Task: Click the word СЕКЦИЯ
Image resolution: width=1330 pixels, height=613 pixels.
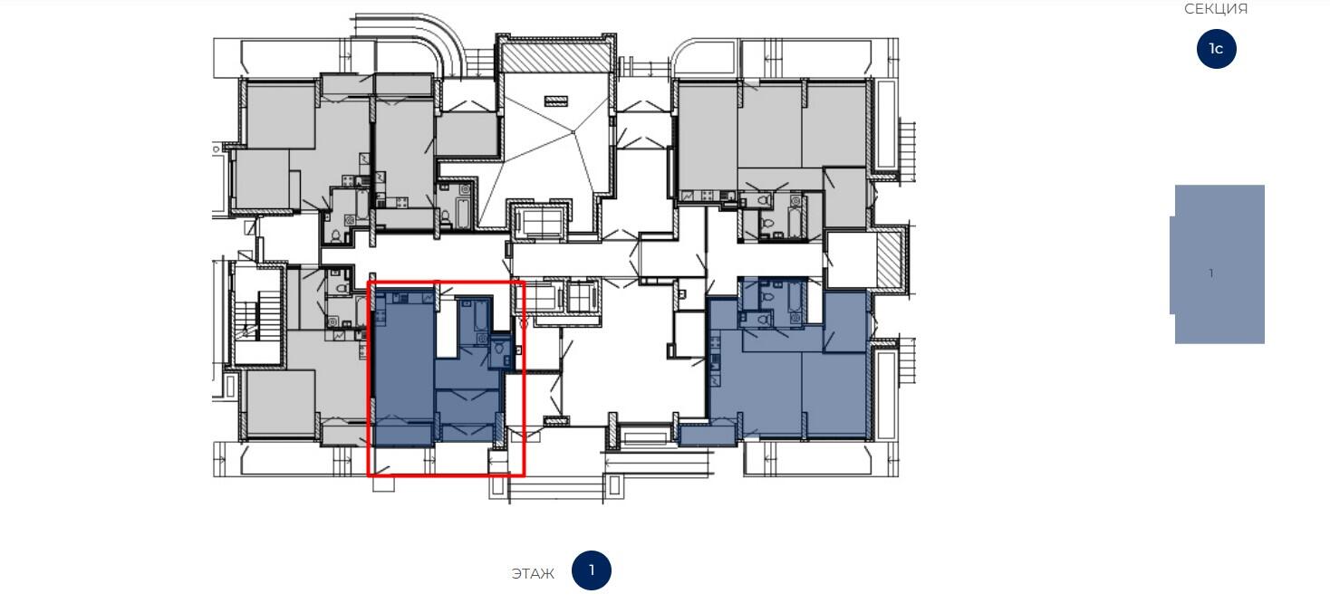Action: [1216, 9]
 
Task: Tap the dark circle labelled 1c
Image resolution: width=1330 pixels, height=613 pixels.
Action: [1216, 49]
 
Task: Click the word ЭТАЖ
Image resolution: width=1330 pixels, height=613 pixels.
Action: [533, 573]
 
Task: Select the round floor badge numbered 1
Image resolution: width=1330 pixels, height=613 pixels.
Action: [592, 570]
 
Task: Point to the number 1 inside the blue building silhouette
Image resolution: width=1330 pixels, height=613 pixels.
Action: [1210, 273]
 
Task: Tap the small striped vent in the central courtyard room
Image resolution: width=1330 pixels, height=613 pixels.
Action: [555, 101]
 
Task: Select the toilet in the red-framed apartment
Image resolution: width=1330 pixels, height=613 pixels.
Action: [500, 348]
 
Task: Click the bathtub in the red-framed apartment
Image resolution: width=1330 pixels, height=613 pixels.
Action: [481, 316]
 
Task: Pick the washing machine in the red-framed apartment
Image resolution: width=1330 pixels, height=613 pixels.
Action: [483, 340]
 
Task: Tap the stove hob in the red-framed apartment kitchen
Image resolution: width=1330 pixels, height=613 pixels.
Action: [381, 317]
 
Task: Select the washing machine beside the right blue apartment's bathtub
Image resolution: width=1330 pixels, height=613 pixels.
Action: [795, 320]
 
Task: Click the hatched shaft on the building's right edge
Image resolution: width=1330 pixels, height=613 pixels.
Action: [889, 259]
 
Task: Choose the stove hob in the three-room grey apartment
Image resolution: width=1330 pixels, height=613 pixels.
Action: [707, 196]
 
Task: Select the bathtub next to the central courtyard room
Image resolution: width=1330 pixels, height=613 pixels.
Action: [464, 213]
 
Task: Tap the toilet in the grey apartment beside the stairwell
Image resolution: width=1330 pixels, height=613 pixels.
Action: [342, 288]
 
